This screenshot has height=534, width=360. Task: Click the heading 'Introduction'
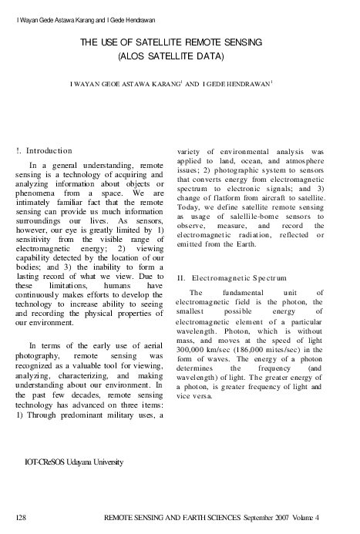(x=49, y=149)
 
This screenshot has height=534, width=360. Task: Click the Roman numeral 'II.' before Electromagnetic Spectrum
(x=181, y=276)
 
